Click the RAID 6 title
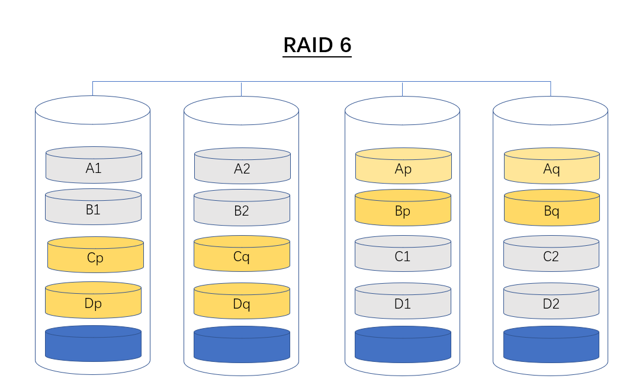click(317, 45)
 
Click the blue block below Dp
click(93, 344)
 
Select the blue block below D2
click(551, 345)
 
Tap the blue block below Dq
click(242, 345)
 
